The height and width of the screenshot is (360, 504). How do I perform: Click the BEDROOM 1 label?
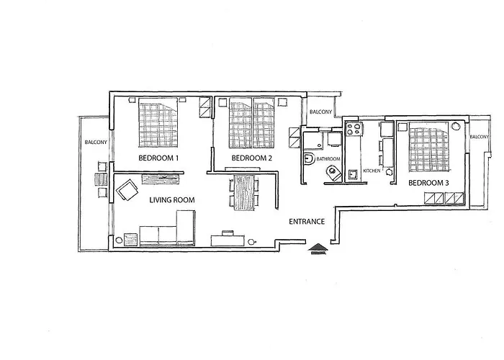(158, 158)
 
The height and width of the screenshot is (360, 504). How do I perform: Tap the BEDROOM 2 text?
(251, 158)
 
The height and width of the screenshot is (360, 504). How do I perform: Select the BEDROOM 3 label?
(428, 183)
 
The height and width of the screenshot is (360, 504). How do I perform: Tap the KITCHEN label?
(372, 171)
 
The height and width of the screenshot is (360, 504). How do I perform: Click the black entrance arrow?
(317, 249)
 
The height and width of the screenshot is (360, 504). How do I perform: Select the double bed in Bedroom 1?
(158, 122)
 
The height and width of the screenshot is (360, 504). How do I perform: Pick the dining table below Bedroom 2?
(244, 192)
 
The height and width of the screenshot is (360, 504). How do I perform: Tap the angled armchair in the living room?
(128, 192)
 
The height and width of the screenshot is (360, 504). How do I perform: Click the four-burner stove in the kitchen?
(354, 130)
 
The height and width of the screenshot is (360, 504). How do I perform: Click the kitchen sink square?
(352, 174)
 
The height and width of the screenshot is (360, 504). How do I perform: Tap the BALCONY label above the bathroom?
(320, 112)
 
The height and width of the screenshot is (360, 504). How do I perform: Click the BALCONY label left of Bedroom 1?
(96, 142)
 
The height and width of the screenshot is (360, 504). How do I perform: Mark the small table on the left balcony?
(99, 181)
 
